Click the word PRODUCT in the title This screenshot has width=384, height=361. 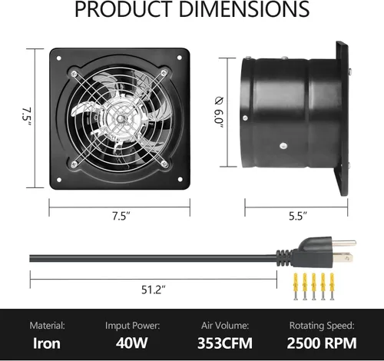(124, 8)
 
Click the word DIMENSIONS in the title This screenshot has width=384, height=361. (244, 8)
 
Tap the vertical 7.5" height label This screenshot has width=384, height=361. (27, 117)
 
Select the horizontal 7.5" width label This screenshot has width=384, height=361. (121, 217)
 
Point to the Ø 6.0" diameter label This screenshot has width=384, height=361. (219, 112)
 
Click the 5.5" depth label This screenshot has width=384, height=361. (298, 217)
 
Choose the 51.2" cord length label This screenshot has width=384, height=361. (154, 290)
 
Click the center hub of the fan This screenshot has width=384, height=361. (120, 119)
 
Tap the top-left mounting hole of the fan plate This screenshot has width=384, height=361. (58, 58)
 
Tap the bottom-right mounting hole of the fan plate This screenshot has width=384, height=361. (180, 179)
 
